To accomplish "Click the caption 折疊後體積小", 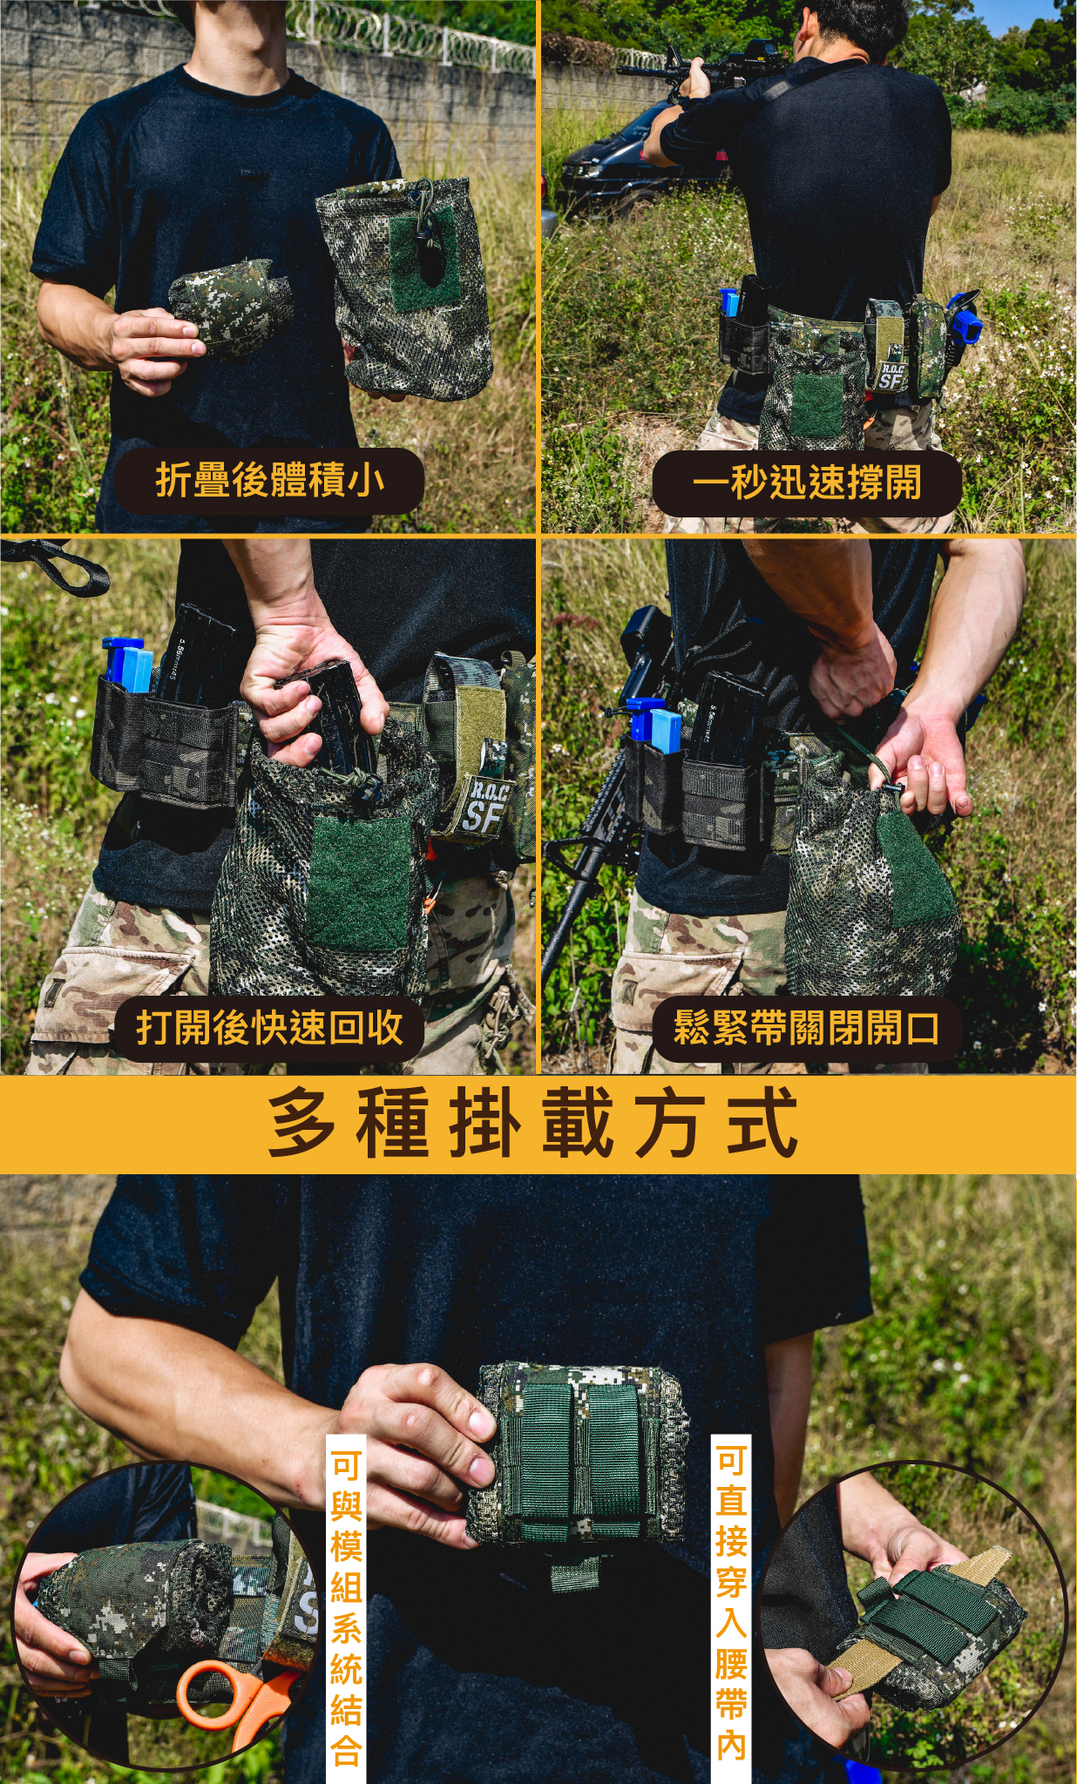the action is click(x=270, y=481).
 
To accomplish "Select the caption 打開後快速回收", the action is click(x=269, y=1028).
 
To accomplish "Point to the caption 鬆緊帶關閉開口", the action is click(x=807, y=1028).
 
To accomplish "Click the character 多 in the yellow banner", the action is click(x=301, y=1124).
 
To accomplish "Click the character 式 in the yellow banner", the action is click(x=762, y=1124).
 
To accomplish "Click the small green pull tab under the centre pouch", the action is click(x=576, y=1572).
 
